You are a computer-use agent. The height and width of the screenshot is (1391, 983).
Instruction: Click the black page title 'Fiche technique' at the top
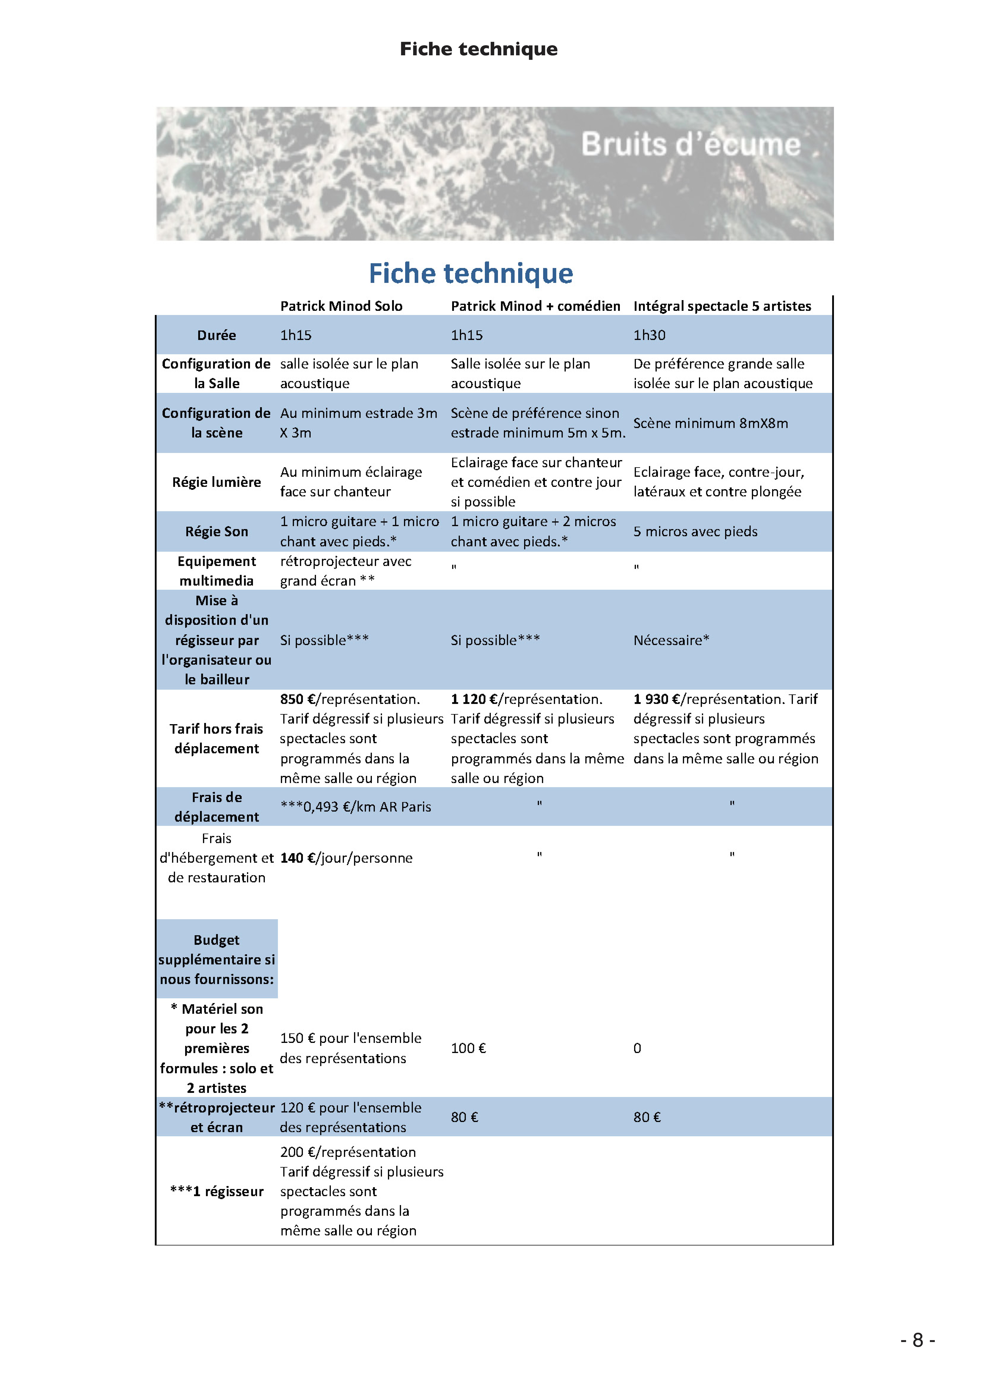(x=479, y=49)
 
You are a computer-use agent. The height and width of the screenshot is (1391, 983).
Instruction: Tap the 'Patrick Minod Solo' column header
(x=341, y=306)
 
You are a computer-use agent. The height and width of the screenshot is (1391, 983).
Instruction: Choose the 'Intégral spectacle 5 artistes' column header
(x=722, y=306)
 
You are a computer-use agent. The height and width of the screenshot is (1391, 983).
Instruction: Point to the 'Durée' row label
(x=216, y=335)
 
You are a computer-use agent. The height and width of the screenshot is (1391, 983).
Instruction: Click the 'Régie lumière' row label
(x=216, y=482)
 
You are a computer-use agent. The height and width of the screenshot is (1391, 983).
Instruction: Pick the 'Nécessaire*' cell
(x=671, y=640)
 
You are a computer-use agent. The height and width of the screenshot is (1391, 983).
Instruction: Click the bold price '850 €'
(x=297, y=699)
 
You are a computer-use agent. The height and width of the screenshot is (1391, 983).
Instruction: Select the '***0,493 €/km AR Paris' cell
(x=356, y=807)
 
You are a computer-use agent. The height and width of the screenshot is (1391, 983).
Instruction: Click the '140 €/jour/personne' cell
(x=346, y=858)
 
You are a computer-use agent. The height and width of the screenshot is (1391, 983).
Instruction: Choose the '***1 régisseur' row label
(x=216, y=1192)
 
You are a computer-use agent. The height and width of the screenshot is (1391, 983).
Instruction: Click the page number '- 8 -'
(x=918, y=1340)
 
